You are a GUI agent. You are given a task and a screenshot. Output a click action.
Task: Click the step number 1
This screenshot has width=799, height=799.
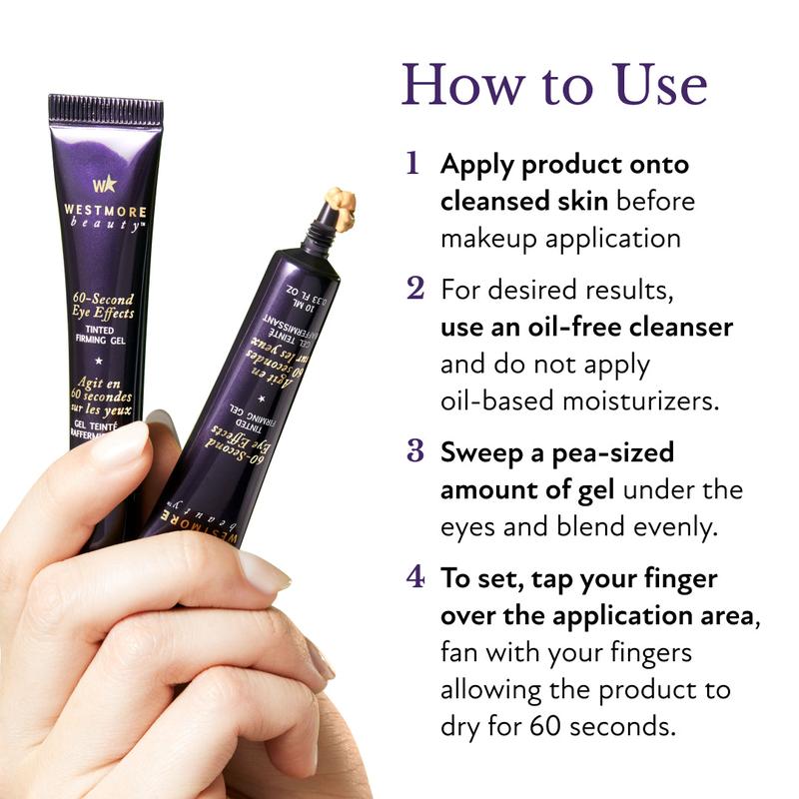point(412,163)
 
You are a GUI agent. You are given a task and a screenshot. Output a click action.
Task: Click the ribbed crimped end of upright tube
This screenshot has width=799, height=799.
point(106,109)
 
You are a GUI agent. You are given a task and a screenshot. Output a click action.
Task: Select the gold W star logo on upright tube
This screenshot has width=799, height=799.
point(104,184)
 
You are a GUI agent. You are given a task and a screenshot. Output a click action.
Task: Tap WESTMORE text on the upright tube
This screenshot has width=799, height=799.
point(104,213)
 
